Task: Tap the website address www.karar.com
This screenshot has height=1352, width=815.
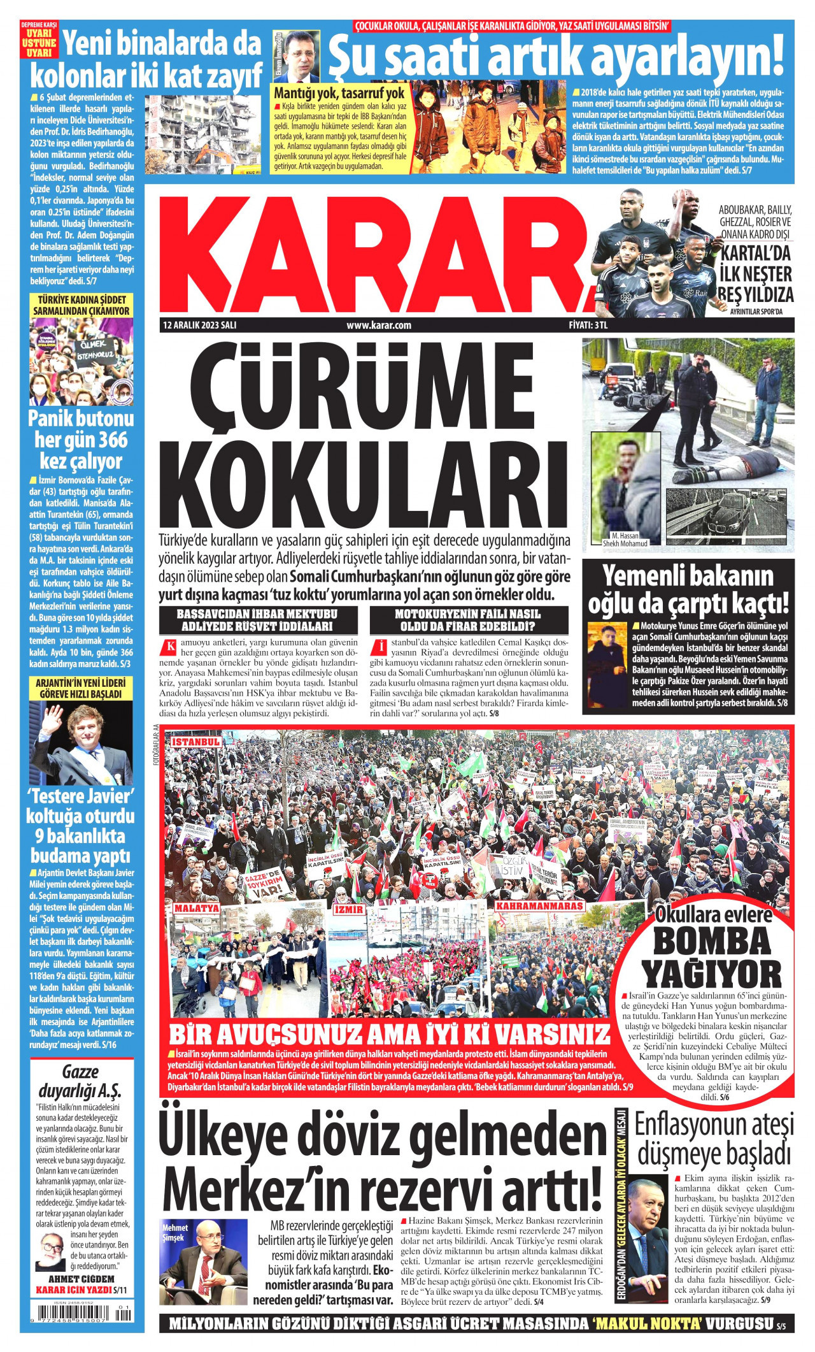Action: coord(379,325)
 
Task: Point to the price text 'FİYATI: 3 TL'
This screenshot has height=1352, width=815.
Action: coord(589,325)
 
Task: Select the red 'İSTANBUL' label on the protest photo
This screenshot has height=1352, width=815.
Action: coord(196,742)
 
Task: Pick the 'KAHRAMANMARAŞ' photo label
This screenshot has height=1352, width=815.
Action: coord(539,905)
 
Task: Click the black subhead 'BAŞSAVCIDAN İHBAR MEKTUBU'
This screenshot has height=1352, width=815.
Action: coord(257,614)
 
